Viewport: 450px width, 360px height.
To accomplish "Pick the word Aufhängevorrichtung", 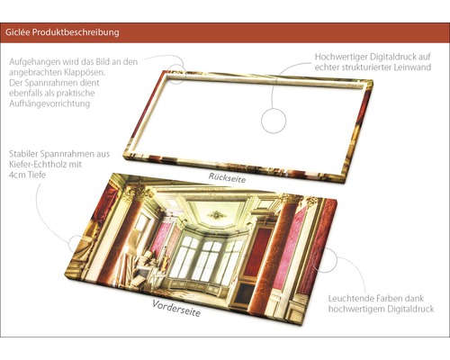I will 51,105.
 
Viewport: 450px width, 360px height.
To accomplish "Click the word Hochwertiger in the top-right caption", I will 343,58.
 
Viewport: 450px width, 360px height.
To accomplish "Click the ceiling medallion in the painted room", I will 216,214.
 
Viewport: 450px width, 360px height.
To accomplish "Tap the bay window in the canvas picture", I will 204,256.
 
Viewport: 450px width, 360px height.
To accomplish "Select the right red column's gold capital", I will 287,200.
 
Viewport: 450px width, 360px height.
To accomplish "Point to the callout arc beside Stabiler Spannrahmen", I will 74,238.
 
